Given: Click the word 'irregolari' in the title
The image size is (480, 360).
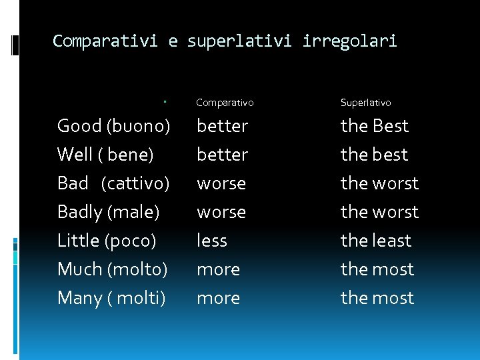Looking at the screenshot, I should point(349,41).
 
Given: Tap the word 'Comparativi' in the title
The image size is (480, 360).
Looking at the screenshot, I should point(105,41).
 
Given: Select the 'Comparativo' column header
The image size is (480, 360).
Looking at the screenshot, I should point(225,103).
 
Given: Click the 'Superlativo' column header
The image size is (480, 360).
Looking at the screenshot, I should point(365,103).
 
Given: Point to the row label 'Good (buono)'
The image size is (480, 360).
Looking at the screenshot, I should point(113,126).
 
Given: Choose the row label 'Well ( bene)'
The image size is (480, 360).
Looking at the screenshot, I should point(105,155).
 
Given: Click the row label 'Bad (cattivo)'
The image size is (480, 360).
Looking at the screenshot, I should point(113,183).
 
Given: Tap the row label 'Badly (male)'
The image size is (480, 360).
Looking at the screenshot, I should point(108,212).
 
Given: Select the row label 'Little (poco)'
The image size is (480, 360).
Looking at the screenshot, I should point(107,241).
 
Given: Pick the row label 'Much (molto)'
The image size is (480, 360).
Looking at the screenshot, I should point(112,269).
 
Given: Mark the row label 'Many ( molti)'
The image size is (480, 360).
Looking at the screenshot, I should point(111,298).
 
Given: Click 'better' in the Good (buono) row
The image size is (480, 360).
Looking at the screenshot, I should point(222,126).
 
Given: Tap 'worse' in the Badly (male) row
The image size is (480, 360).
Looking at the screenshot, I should point(221,212).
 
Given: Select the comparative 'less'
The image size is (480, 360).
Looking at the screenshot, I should point(212,241).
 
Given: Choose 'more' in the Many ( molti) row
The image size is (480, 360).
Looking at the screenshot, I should point(218,298).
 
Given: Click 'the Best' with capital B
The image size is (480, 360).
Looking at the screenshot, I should point(374,126).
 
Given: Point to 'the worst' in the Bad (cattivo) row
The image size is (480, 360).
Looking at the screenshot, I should point(379,183).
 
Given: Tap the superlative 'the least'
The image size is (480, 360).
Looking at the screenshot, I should point(376,241).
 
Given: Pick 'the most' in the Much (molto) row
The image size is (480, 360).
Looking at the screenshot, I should point(377,269).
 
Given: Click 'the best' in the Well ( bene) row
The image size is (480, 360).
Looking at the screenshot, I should point(374,155).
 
